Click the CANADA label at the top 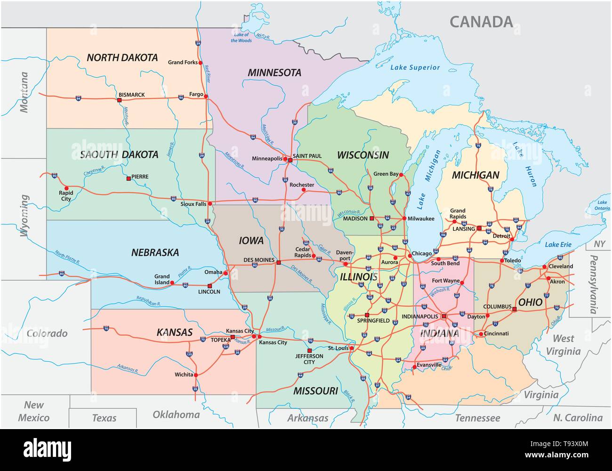coord(481,22)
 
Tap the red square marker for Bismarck coord(119,99)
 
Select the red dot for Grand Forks coord(200,62)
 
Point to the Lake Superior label coord(415,67)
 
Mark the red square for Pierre coord(128,179)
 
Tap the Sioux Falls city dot coord(210,204)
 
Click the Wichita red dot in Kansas coord(196,375)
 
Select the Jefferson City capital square coord(309,350)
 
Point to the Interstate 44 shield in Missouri coord(300,375)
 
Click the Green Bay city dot coord(402,175)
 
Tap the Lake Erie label coord(558,244)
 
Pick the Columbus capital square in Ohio coord(514,309)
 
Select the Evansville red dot coord(414,367)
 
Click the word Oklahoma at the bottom coord(176,414)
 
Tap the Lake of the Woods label coord(241,38)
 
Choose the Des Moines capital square coord(278,262)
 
